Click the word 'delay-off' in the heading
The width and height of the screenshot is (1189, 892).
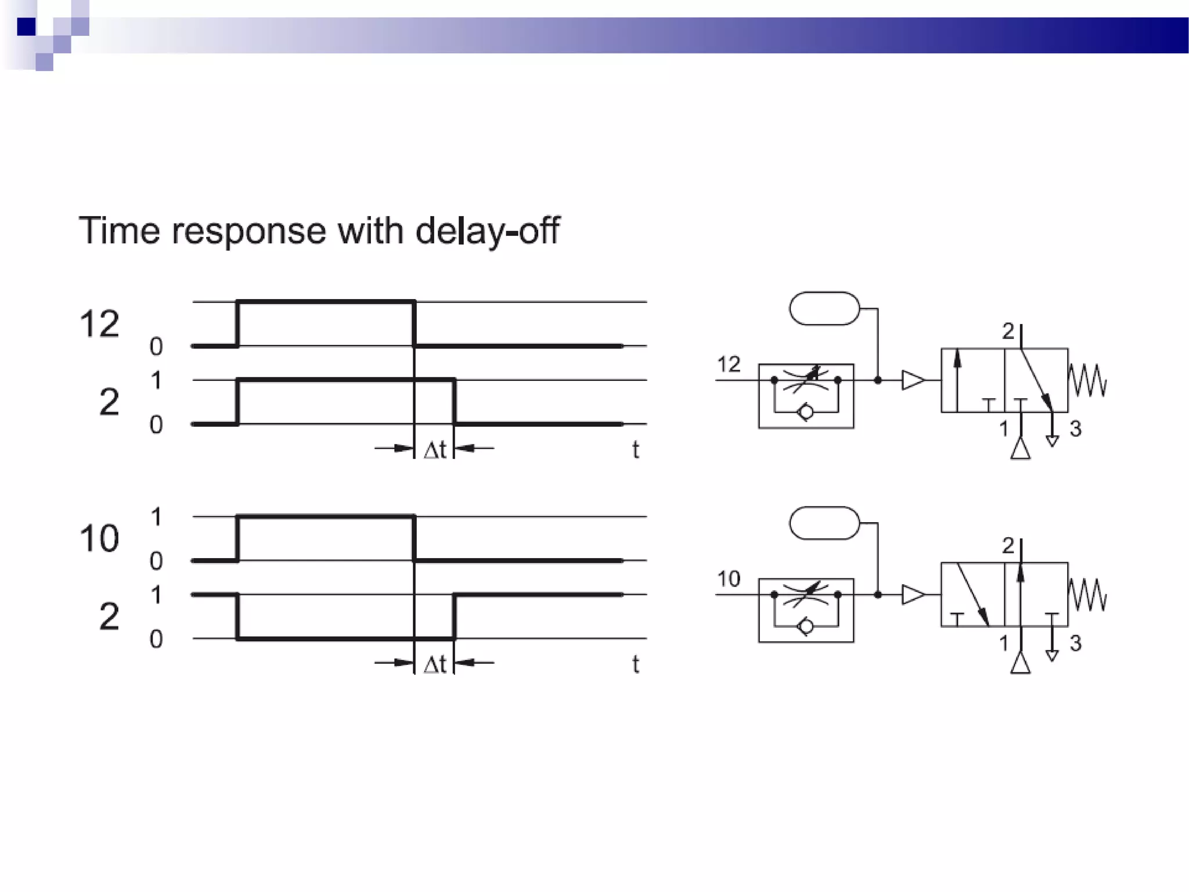pyautogui.click(x=487, y=231)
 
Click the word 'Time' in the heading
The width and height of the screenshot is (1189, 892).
pyautogui.click(x=119, y=231)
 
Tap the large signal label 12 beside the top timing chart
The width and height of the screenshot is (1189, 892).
pyautogui.click(x=99, y=323)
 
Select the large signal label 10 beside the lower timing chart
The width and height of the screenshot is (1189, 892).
pyautogui.click(x=99, y=538)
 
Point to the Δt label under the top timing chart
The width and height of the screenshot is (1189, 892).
pyautogui.click(x=435, y=449)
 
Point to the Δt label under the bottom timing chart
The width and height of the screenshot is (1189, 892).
pyautogui.click(x=435, y=664)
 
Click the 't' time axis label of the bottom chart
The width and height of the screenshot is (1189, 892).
pyautogui.click(x=636, y=664)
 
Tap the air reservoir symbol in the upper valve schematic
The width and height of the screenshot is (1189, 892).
pyautogui.click(x=824, y=308)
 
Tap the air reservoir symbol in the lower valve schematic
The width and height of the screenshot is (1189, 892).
pyautogui.click(x=824, y=523)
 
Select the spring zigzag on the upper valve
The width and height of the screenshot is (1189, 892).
pyautogui.click(x=1087, y=380)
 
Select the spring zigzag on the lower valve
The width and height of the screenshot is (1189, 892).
pyautogui.click(x=1087, y=595)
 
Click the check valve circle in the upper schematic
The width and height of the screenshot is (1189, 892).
pyautogui.click(x=806, y=412)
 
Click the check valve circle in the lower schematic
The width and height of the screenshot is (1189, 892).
pyautogui.click(x=806, y=627)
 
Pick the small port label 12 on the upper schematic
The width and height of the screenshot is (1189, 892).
pyautogui.click(x=729, y=365)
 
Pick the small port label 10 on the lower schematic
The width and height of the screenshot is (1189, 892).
pyautogui.click(x=729, y=579)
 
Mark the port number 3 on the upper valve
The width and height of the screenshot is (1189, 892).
pyautogui.click(x=1075, y=429)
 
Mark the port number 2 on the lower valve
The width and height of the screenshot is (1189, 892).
pyautogui.click(x=1008, y=546)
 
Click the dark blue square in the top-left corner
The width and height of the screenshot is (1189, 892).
pyautogui.click(x=26, y=27)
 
